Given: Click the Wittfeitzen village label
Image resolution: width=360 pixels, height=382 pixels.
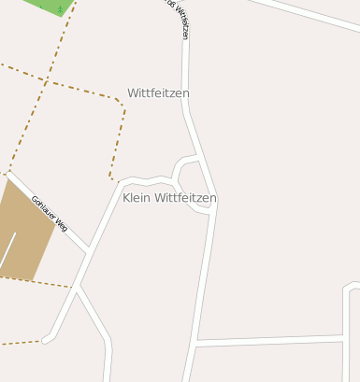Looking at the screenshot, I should point(158,93).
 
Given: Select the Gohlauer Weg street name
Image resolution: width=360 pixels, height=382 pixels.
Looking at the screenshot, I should point(50,213).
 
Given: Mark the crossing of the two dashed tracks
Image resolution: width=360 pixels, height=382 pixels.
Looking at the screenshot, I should point(44,80).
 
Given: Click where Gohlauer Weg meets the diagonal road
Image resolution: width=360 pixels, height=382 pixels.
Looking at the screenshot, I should point(89,250).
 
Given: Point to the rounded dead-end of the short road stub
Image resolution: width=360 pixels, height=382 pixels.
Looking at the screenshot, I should point(46,340).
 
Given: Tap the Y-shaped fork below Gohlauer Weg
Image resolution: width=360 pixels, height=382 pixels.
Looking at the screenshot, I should point(77,289).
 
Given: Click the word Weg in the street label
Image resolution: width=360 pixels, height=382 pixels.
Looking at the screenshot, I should point(61,223).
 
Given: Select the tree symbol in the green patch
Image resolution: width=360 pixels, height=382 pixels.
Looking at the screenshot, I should point(60,9).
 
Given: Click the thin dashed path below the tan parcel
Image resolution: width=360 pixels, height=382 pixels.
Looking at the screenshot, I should point(37,281).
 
